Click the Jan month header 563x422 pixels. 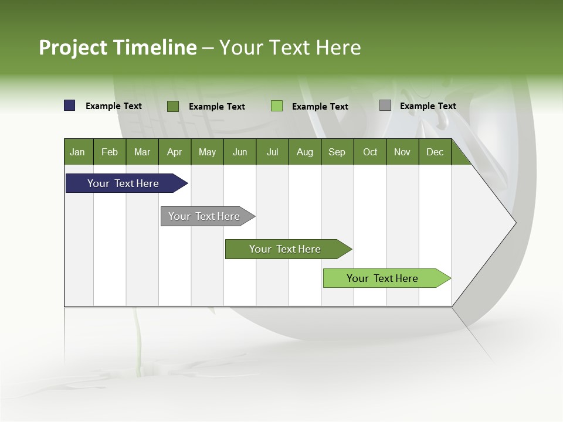tap(78, 152)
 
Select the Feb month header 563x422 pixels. tap(110, 152)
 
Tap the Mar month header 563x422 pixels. tap(142, 152)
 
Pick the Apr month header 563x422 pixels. tap(175, 152)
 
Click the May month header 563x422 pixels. tap(207, 152)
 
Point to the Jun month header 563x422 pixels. tap(240, 152)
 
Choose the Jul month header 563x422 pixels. tap(272, 152)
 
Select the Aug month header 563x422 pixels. tap(305, 152)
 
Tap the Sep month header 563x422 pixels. tap(337, 152)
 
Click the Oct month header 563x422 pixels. tap(370, 152)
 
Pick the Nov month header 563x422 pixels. tap(402, 152)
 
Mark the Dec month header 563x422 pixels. tap(435, 152)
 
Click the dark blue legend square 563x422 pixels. tap(70, 105)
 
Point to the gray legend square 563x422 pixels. tap(385, 105)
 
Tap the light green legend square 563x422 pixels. tap(277, 106)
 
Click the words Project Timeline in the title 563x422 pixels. tap(118, 47)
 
